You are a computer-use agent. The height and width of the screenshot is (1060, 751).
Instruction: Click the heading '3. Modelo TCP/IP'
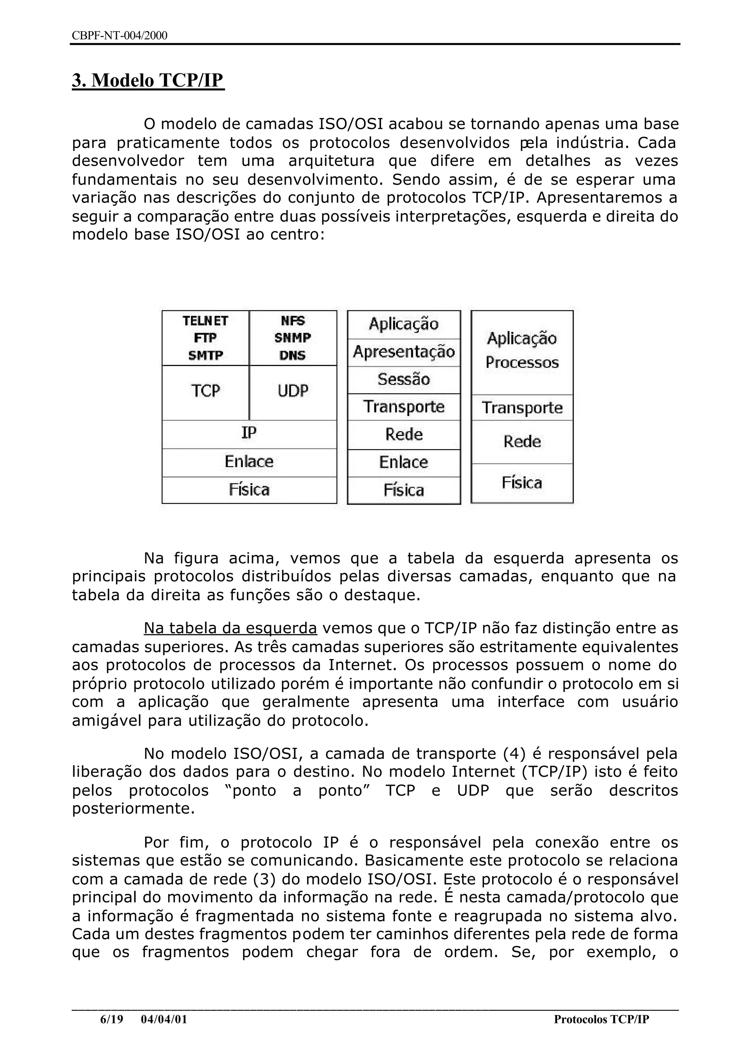pos(148,80)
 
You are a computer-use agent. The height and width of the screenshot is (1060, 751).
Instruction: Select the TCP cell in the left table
pos(205,391)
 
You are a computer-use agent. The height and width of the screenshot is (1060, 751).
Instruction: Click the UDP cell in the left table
pos(293,391)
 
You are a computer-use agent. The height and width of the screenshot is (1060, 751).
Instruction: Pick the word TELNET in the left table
pos(205,321)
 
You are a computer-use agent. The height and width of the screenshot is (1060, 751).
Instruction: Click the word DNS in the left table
pos(293,355)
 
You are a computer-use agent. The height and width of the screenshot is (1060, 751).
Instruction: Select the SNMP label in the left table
pos(293,338)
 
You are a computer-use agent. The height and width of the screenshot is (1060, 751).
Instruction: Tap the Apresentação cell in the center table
pos(404,352)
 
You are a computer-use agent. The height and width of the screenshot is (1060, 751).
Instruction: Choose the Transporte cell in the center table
pos(404,407)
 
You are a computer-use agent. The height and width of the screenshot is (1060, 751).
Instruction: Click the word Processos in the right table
pos(522,362)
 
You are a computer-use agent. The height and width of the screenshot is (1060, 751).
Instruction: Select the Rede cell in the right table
pos(522,442)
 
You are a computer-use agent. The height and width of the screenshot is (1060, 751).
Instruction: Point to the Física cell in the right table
pos(522,483)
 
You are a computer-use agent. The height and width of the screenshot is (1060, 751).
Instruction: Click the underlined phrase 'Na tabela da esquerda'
pos(230,628)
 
